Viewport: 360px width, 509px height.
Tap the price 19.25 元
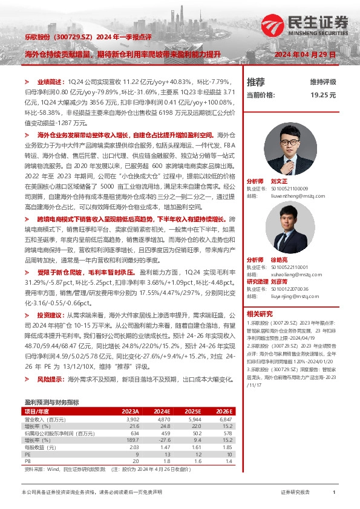coord(323,95)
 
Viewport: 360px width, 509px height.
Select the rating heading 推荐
coord(256,82)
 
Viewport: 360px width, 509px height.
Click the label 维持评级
coord(322,82)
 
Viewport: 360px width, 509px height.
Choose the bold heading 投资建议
coord(49,315)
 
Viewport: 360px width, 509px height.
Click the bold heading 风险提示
coord(49,379)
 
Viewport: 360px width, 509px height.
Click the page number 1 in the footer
coord(334,493)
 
